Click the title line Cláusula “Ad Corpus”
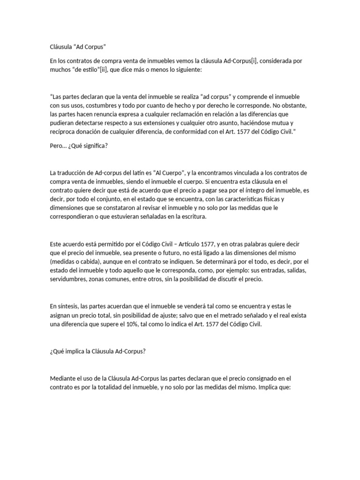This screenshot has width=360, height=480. (x=78, y=47)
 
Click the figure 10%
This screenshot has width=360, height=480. (x=145, y=323)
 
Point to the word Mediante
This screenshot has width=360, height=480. (x=64, y=378)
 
